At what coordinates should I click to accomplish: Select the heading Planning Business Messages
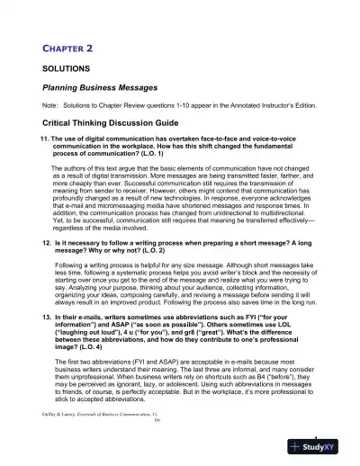click(x=106, y=88)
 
